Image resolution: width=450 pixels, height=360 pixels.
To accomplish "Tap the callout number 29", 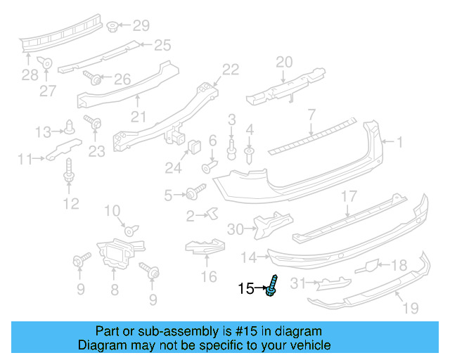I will (x=141, y=26).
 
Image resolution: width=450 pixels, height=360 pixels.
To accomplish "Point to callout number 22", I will (x=231, y=69).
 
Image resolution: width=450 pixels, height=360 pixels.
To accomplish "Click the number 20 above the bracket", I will (x=284, y=62).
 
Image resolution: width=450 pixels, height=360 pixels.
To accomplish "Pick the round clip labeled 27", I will (x=46, y=63).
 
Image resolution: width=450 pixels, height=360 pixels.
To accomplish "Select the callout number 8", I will (x=115, y=289).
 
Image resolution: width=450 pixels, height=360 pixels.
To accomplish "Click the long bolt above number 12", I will (x=69, y=171).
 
